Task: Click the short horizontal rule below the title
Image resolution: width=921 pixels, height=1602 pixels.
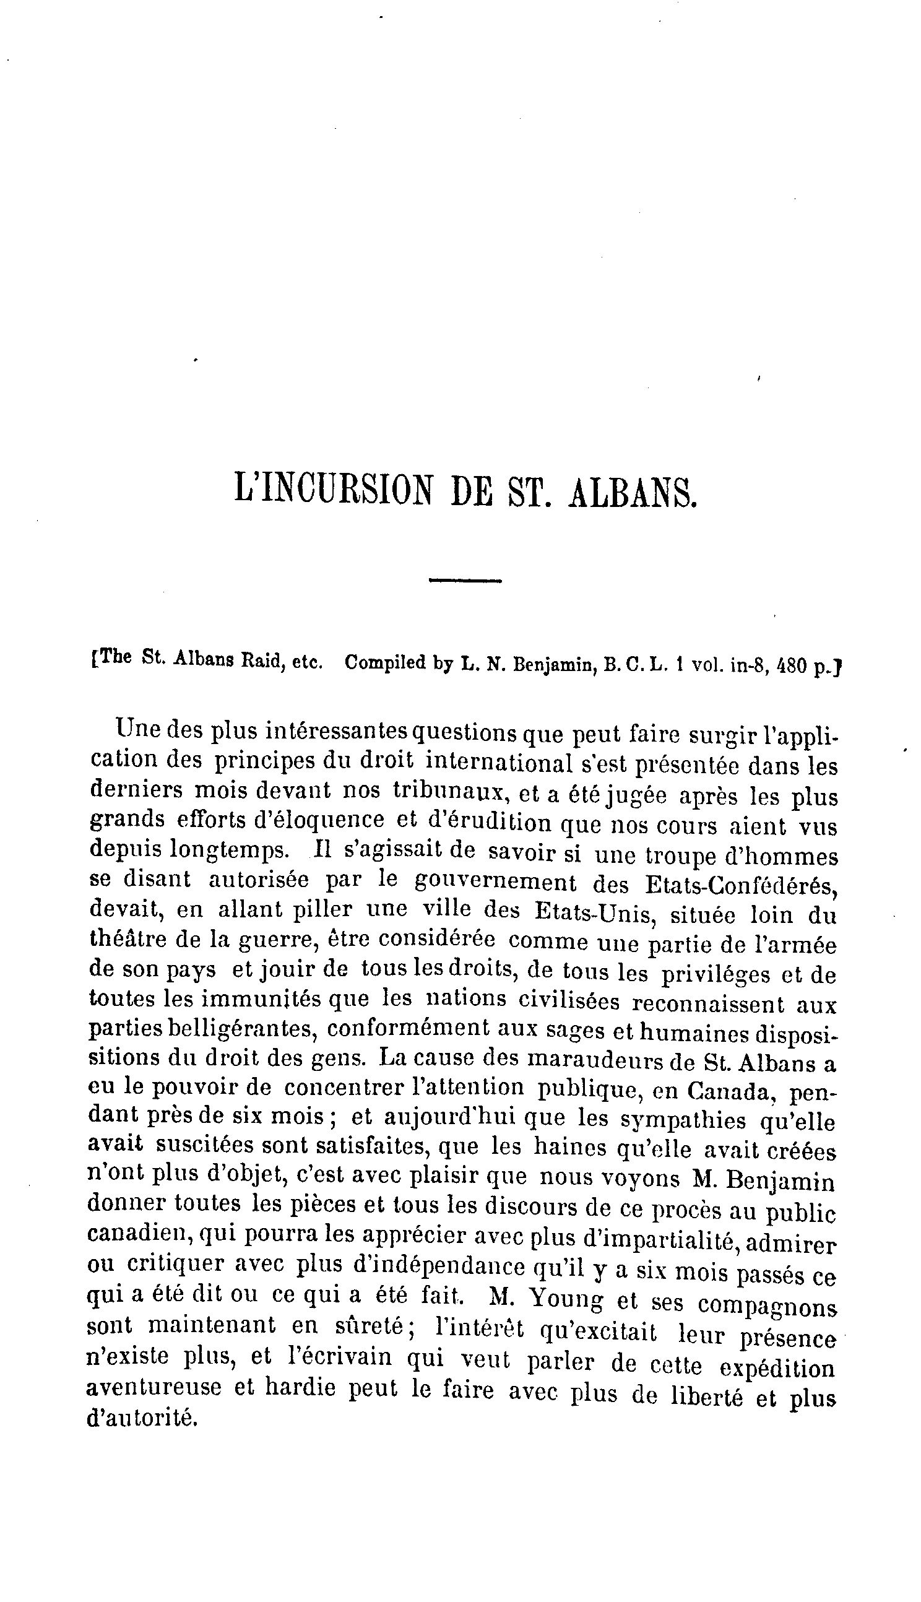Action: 465,580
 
